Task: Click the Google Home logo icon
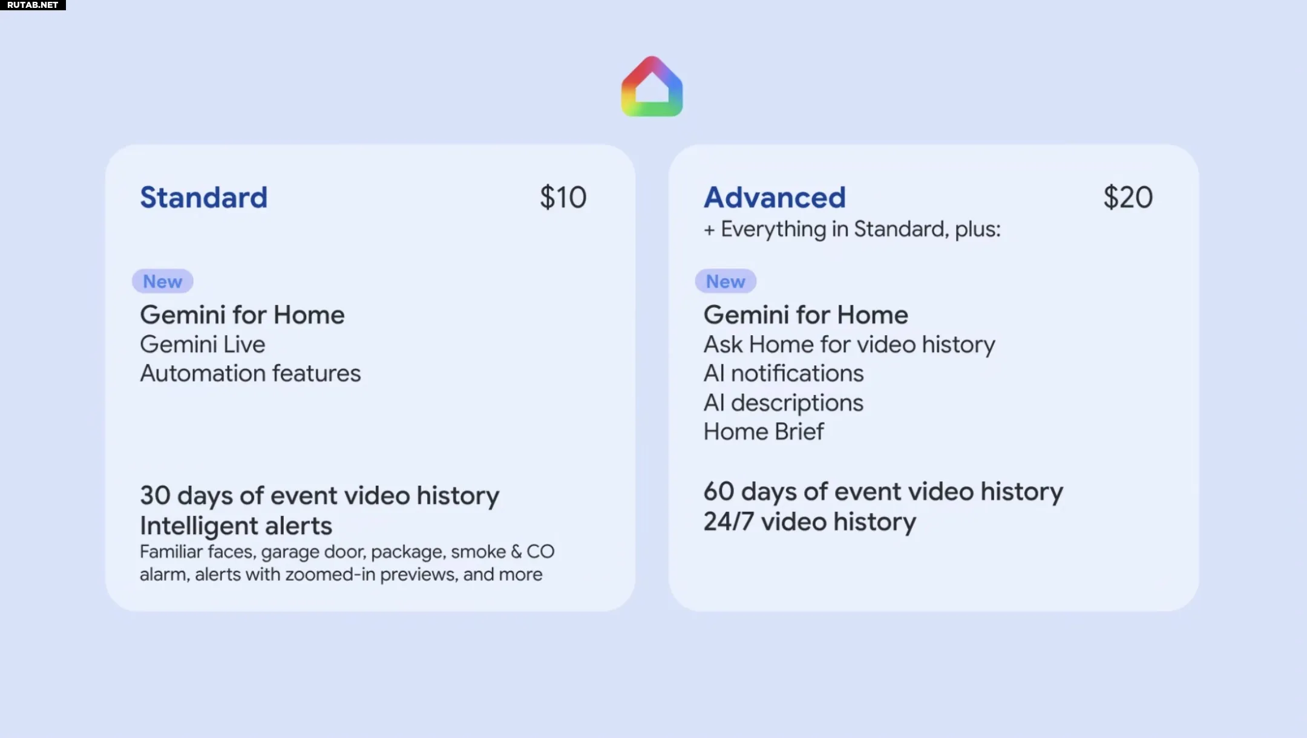[652, 87]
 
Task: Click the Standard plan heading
[203, 197]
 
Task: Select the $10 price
[563, 197]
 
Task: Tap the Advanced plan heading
[775, 197]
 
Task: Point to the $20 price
[1128, 197]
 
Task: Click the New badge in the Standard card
[163, 281]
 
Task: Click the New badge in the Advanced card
[726, 281]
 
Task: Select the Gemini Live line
[203, 344]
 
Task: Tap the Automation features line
[251, 373]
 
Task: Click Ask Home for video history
[850, 345]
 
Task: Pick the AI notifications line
[784, 373]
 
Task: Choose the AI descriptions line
[784, 403]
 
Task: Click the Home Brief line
[764, 431]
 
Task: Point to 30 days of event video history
[319, 495]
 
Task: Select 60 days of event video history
[883, 491]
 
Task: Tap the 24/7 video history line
[810, 521]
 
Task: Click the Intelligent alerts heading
[236, 526]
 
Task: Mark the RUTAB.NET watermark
[33, 5]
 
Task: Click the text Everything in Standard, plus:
[860, 229]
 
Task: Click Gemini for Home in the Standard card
[242, 315]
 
